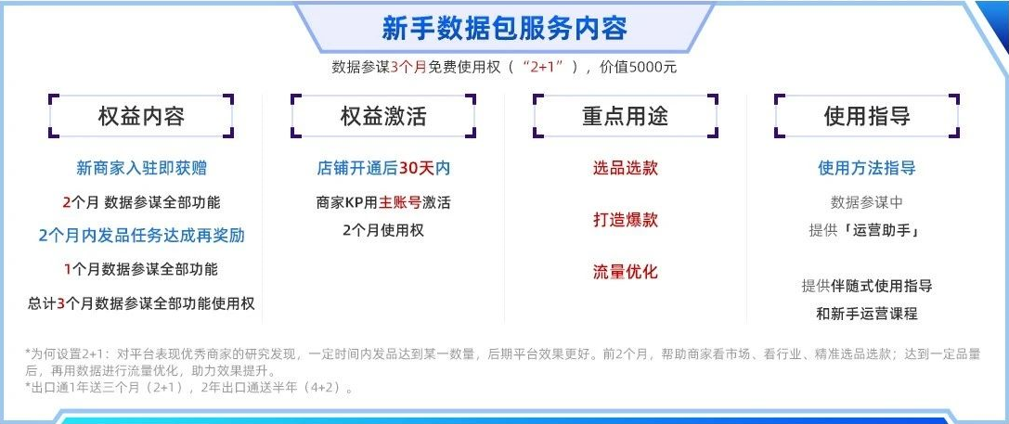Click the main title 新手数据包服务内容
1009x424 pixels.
click(x=505, y=29)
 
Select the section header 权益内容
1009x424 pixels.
click(x=142, y=117)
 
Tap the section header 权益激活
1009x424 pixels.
click(x=383, y=117)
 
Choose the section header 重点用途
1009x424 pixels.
click(x=626, y=117)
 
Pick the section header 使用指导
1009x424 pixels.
click(x=867, y=117)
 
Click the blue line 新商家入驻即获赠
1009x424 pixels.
click(x=142, y=169)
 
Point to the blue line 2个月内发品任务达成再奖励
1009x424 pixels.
click(x=142, y=236)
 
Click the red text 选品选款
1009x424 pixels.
click(x=626, y=169)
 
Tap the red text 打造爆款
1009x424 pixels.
click(x=626, y=219)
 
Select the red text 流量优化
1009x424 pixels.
click(x=626, y=272)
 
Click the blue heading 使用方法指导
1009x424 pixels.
click(x=867, y=169)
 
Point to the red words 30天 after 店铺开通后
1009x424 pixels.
click(x=417, y=169)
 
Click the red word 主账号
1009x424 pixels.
click(x=400, y=202)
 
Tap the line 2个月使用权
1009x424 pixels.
click(x=383, y=230)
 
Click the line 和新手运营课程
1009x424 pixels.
click(x=867, y=314)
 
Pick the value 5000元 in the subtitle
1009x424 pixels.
click(x=653, y=67)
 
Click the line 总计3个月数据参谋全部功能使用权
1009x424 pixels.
click(x=142, y=303)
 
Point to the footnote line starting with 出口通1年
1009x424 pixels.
click(x=189, y=387)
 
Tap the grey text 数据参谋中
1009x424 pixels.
click(x=867, y=202)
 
